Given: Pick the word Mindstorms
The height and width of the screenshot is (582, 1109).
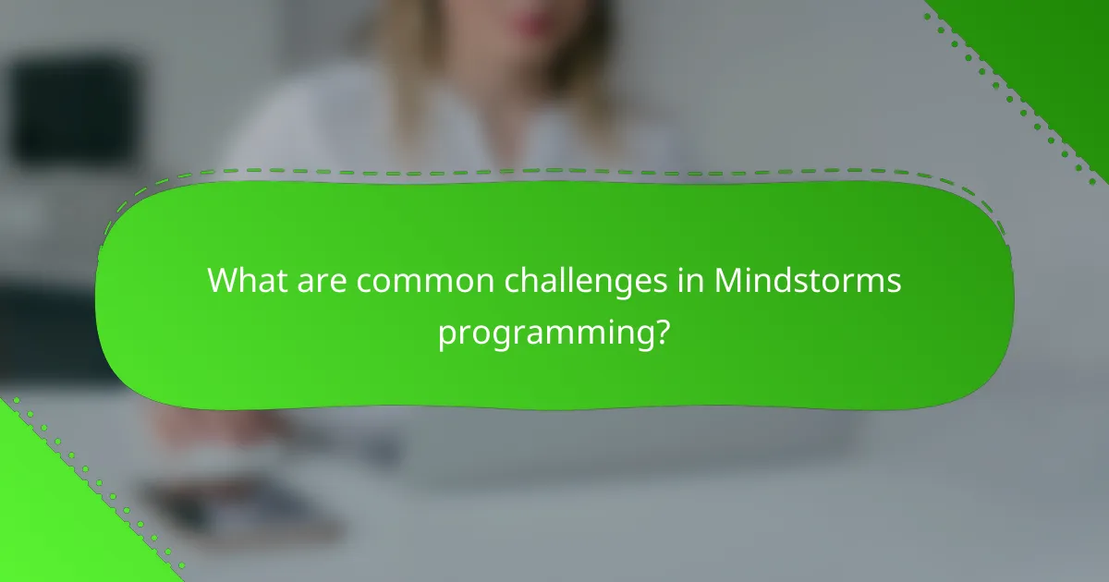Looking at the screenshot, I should pyautogui.click(x=808, y=280).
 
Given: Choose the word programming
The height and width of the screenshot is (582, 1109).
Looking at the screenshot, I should pyautogui.click(x=544, y=332).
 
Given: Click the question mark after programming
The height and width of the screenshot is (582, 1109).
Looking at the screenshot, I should pyautogui.click(x=662, y=330).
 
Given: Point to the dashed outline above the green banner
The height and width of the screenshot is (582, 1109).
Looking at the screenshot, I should pyautogui.click(x=554, y=172).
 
